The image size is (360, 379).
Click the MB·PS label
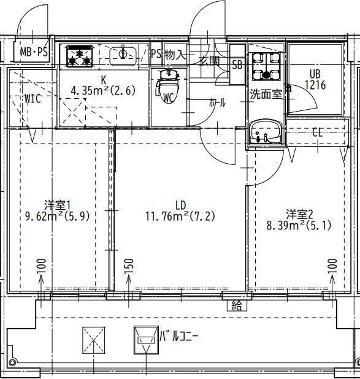point(33,53)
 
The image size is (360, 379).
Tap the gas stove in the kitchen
point(78,56)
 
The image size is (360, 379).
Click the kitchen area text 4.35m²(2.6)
point(103,91)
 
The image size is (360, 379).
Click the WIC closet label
point(33,99)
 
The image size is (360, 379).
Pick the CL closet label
point(318,132)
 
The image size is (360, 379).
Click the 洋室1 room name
point(58,204)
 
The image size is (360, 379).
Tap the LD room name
point(180,204)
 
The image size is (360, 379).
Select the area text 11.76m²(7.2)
point(180,216)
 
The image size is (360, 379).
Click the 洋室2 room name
point(299,214)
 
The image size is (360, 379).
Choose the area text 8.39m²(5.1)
point(299,226)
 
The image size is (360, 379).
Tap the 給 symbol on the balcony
point(236,306)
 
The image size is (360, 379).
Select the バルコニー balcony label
point(180,336)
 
